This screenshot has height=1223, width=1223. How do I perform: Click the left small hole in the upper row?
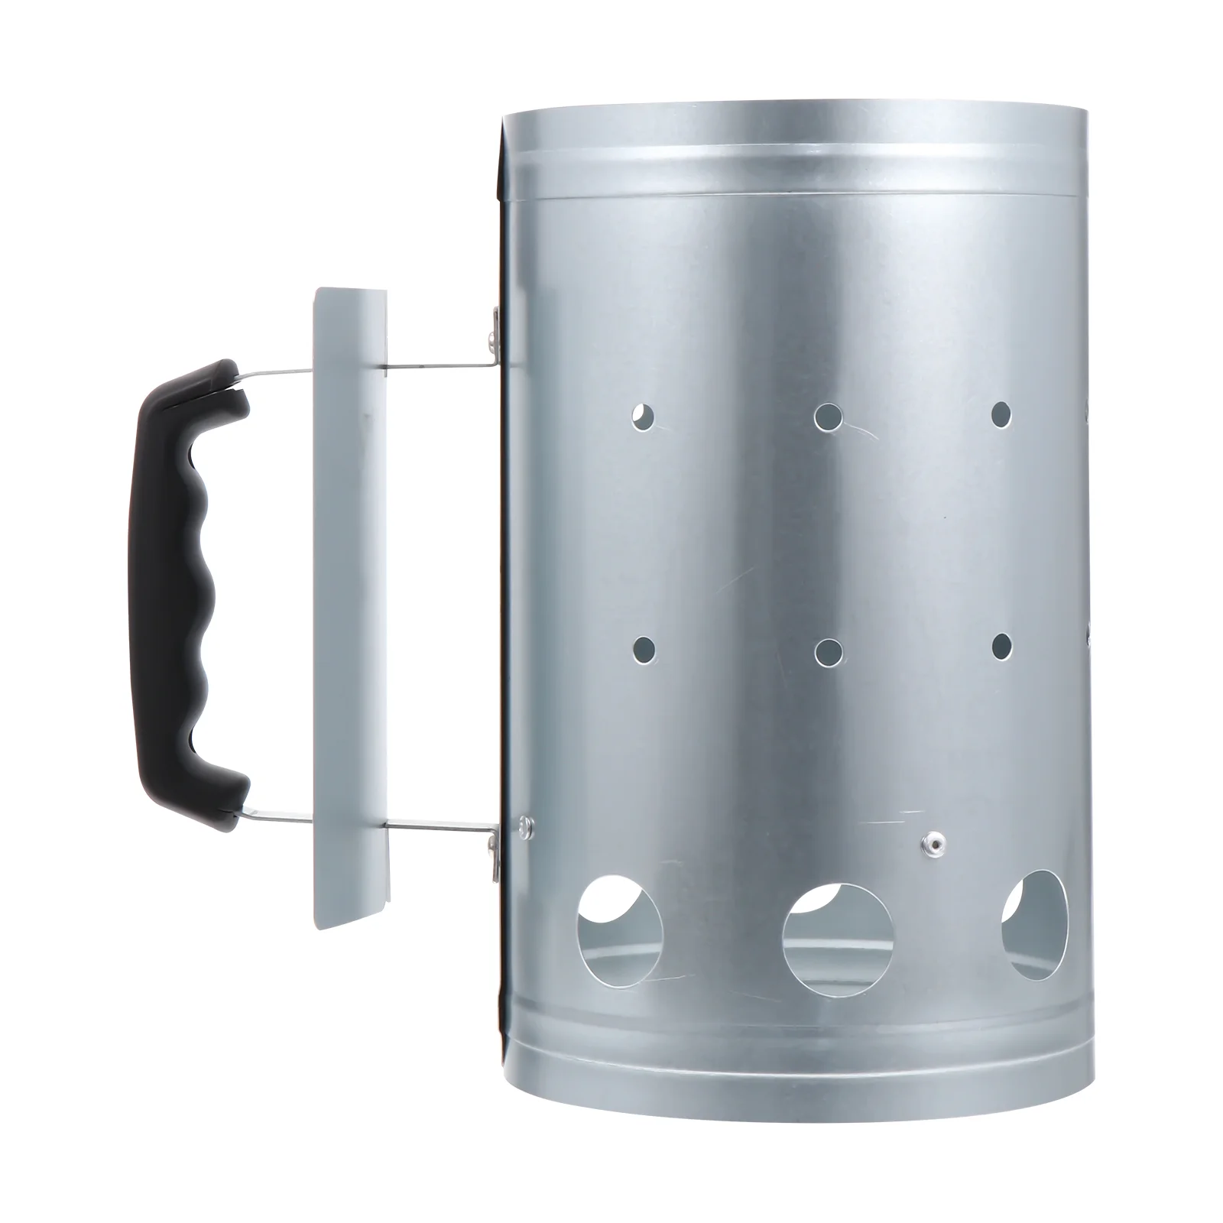pos(644,416)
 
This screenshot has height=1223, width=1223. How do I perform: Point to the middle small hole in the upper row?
pos(829,417)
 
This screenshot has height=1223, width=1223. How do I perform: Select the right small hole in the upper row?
pos(1001,414)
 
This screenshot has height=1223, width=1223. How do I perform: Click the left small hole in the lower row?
pos(644,649)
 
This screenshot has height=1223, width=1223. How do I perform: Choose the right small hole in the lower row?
pos(1001,647)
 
